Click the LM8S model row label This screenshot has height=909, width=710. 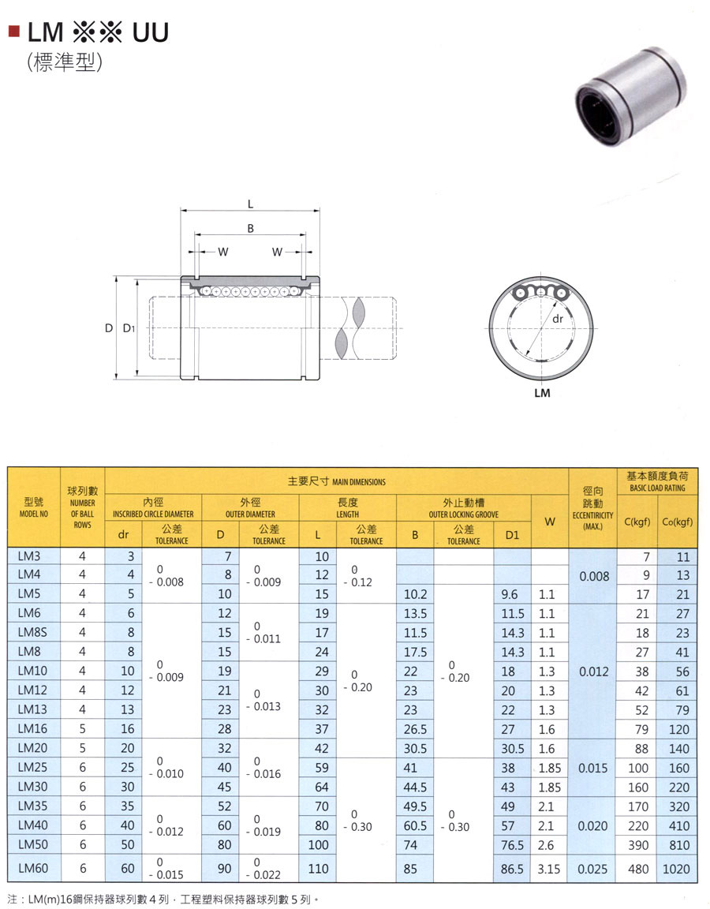point(32,632)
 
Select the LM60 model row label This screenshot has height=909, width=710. point(32,868)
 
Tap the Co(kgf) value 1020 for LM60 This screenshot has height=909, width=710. point(676,869)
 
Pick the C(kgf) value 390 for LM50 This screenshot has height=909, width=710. point(638,844)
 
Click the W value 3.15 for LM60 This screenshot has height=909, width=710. point(548,869)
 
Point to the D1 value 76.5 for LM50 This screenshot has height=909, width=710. point(512,844)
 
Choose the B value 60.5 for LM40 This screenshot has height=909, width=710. point(415,825)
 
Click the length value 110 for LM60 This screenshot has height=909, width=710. point(318,869)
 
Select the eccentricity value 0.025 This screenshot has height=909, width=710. point(592,869)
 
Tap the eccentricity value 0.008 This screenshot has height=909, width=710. point(594,576)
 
